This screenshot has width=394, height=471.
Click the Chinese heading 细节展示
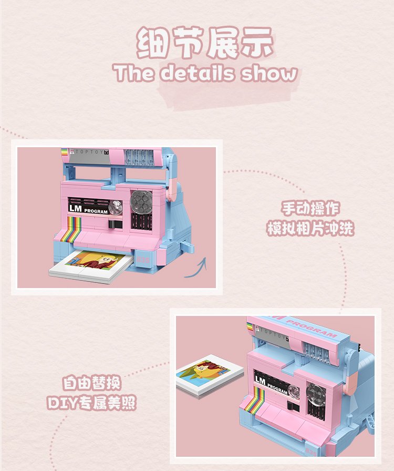205,43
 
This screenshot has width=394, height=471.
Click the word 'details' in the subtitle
196,73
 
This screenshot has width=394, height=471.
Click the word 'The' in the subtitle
133,73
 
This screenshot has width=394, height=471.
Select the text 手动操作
310,208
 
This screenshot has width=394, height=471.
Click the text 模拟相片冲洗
310,228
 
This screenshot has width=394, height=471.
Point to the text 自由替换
91,383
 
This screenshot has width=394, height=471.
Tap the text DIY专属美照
91,403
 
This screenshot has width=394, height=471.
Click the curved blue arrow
196,268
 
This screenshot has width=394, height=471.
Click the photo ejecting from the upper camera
91,266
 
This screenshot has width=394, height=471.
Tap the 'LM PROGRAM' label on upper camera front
88,209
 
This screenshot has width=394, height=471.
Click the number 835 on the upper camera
143,259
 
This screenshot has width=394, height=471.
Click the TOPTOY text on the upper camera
89,152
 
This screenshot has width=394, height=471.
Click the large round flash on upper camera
141,201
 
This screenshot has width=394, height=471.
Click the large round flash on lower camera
316,394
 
